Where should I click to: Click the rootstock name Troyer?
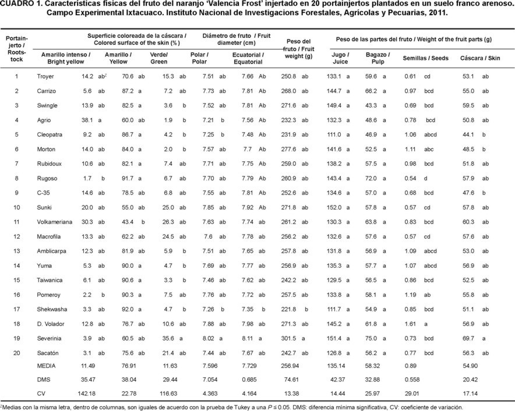coord(45,76)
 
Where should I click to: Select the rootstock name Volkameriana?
coord(55,222)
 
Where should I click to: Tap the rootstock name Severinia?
coord(49,338)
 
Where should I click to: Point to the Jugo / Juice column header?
coord(340,58)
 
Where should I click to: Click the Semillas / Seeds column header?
coord(426,58)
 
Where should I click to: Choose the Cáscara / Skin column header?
coord(480,58)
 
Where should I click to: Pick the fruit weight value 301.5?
coord(288,338)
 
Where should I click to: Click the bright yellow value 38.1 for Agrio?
coord(87,120)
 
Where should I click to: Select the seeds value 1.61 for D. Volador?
coord(410,324)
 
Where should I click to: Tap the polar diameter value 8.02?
coord(208,338)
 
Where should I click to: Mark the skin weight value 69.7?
coord(468,338)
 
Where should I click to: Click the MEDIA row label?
coord(46,366)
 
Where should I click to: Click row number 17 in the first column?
coord(16,309)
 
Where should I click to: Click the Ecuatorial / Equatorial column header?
coord(248,58)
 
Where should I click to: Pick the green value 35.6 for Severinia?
coord(168,338)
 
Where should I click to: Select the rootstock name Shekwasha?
coord(52,309)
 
